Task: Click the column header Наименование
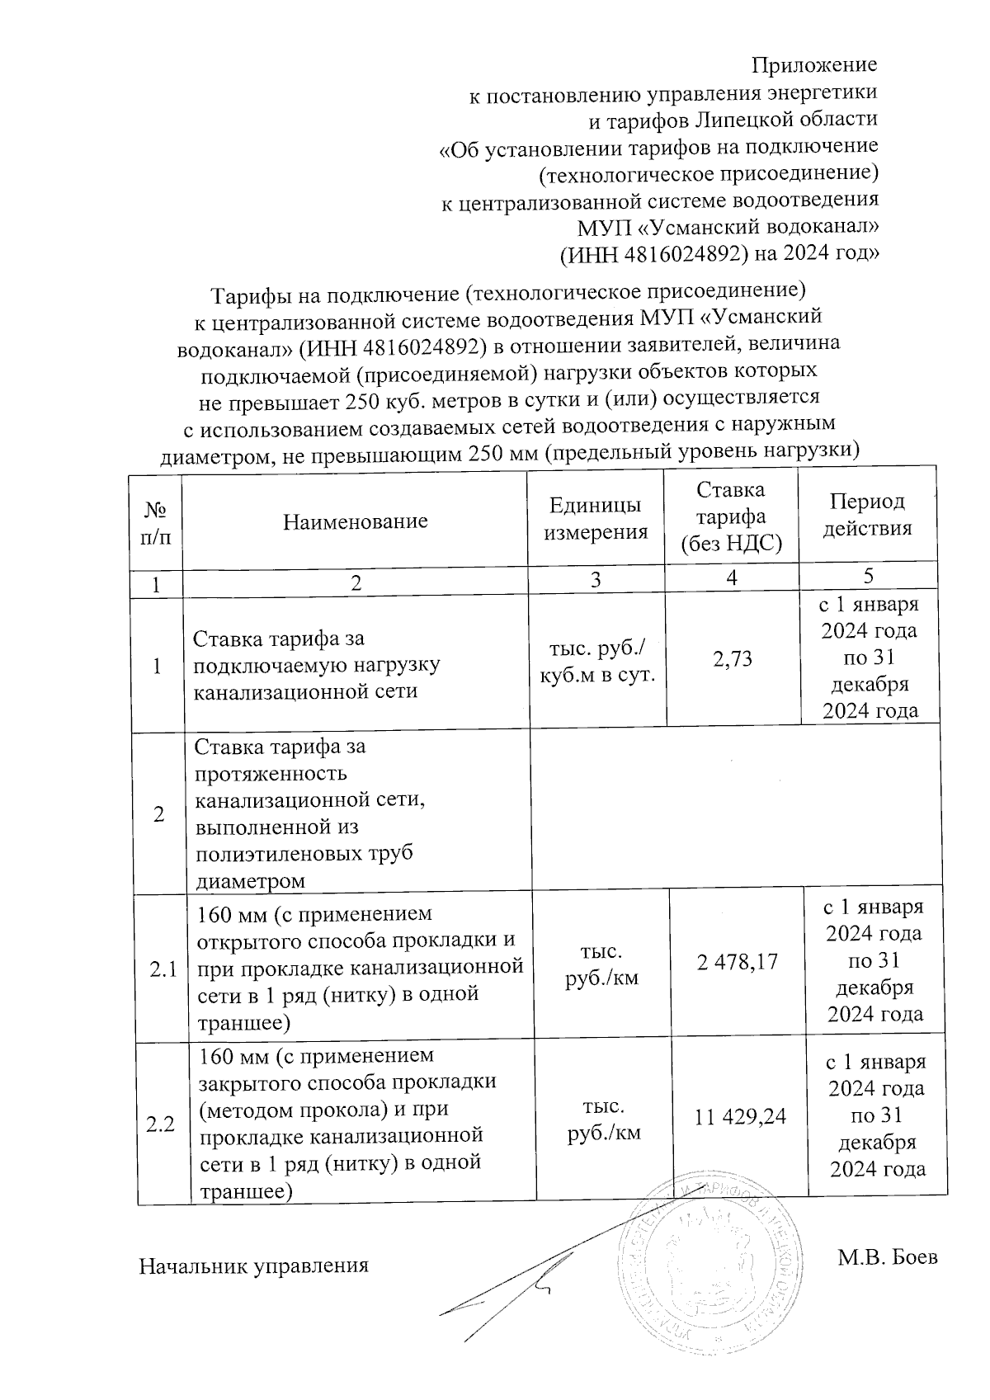[356, 521]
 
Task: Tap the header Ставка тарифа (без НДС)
[731, 517]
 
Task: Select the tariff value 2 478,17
[738, 961]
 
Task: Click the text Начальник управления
[253, 1266]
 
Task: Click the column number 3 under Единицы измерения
[596, 581]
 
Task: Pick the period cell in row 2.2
[877, 1115]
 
